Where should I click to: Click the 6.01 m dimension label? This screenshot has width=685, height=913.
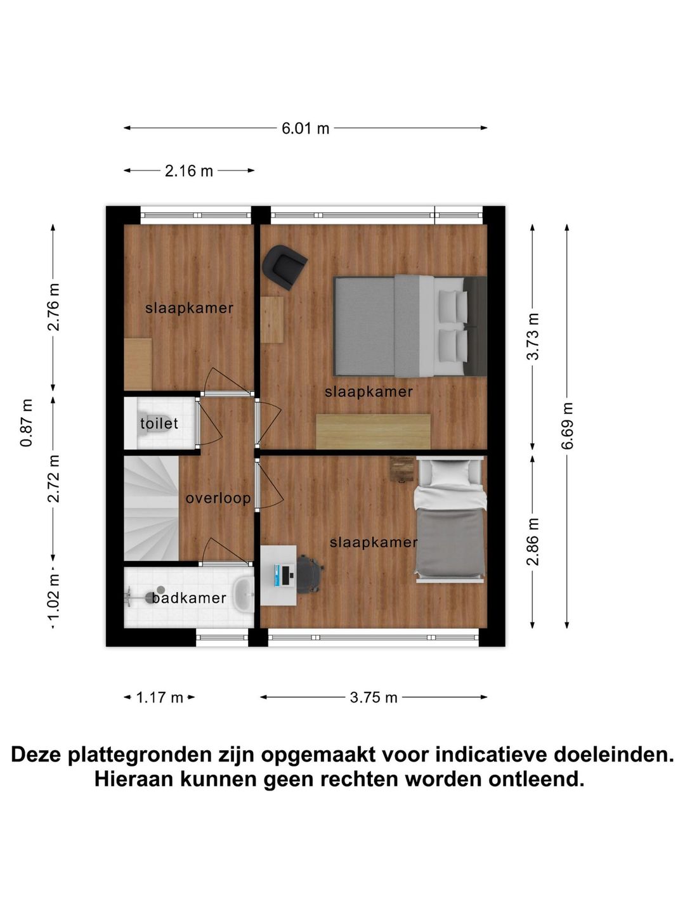(305, 128)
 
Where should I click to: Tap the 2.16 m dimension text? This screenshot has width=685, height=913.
(189, 171)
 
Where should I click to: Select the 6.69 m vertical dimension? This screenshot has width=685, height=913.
(567, 425)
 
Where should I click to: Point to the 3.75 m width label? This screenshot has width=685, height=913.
(374, 697)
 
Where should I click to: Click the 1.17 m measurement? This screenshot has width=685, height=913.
(160, 697)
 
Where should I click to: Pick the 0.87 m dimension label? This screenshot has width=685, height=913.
(27, 423)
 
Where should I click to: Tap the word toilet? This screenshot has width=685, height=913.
(159, 424)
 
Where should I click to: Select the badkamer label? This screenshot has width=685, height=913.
(189, 598)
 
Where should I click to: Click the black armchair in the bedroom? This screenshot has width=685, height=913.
(285, 266)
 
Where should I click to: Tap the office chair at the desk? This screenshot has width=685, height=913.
(309, 574)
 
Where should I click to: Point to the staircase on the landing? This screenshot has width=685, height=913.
(152, 508)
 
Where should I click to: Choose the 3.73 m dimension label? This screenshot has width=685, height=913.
(533, 336)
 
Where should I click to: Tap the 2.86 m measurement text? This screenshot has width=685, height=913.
(533, 541)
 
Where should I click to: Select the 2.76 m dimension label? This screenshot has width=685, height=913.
(54, 307)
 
